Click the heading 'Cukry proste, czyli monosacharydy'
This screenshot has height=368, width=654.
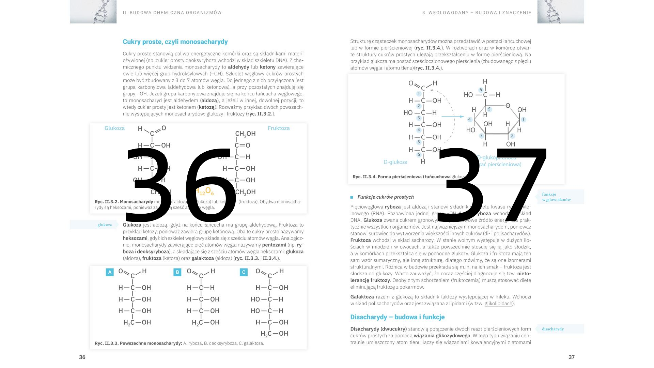(x=175, y=42)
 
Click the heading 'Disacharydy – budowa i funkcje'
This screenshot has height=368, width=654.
(x=397, y=317)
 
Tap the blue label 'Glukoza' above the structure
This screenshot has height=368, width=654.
(x=114, y=128)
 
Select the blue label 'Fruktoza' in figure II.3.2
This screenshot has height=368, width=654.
(x=279, y=128)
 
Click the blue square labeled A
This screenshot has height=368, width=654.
(x=109, y=272)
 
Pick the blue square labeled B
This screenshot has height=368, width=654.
(x=177, y=272)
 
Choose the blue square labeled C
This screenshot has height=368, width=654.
(x=244, y=272)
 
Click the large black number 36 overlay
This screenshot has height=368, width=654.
(x=181, y=184)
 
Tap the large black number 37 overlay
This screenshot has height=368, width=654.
(x=494, y=184)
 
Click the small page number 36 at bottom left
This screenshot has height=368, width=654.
(x=82, y=357)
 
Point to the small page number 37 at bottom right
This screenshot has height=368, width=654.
(x=572, y=357)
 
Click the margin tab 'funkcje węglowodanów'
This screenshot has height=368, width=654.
(x=560, y=197)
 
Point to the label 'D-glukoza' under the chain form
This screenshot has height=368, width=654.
(x=395, y=162)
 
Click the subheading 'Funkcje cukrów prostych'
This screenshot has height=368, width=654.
(x=385, y=197)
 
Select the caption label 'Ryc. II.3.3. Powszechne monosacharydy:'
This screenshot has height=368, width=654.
(x=138, y=343)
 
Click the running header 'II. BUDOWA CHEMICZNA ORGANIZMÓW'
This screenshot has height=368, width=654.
(x=172, y=13)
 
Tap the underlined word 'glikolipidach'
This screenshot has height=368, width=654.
(x=498, y=304)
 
